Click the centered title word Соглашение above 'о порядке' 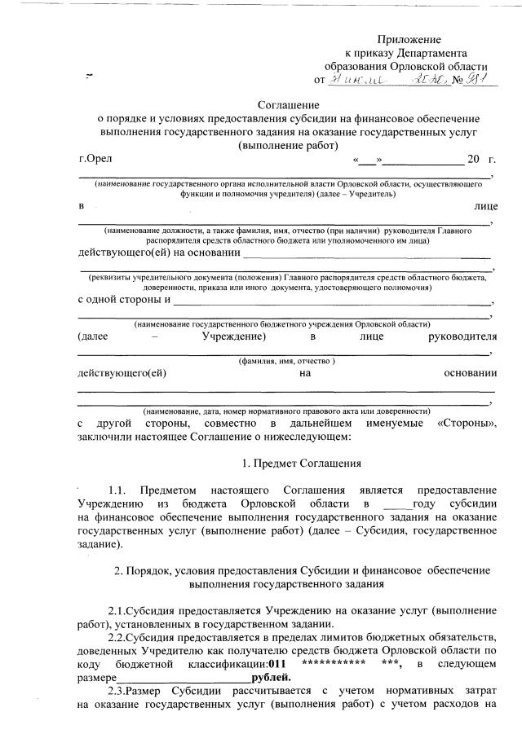pos(287,104)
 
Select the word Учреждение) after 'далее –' pos(234,336)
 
